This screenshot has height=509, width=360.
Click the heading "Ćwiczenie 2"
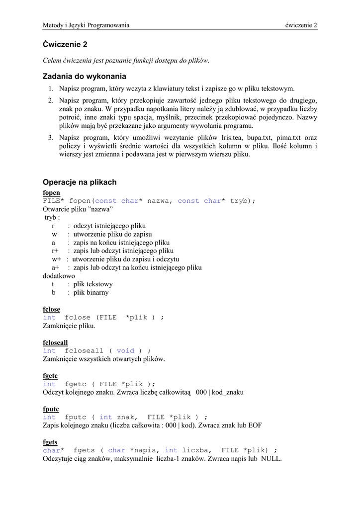(x=65, y=44)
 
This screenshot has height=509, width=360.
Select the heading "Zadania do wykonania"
(x=85, y=76)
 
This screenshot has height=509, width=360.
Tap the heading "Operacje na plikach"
(x=80, y=182)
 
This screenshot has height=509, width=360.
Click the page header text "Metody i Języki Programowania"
(x=86, y=25)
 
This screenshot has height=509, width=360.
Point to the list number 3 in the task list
(x=51, y=137)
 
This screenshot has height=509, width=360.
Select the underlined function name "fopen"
(x=51, y=192)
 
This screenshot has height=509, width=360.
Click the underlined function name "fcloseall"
(x=55, y=342)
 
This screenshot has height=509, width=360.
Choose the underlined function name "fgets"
(x=50, y=442)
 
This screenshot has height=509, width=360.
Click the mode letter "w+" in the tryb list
(x=56, y=259)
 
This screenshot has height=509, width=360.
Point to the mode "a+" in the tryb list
(x=56, y=267)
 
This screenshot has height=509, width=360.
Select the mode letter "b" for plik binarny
(x=53, y=292)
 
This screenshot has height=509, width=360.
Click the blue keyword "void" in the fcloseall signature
(x=125, y=350)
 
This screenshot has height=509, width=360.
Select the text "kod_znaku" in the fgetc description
(x=228, y=392)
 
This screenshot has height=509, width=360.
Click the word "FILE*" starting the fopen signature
(x=53, y=201)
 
